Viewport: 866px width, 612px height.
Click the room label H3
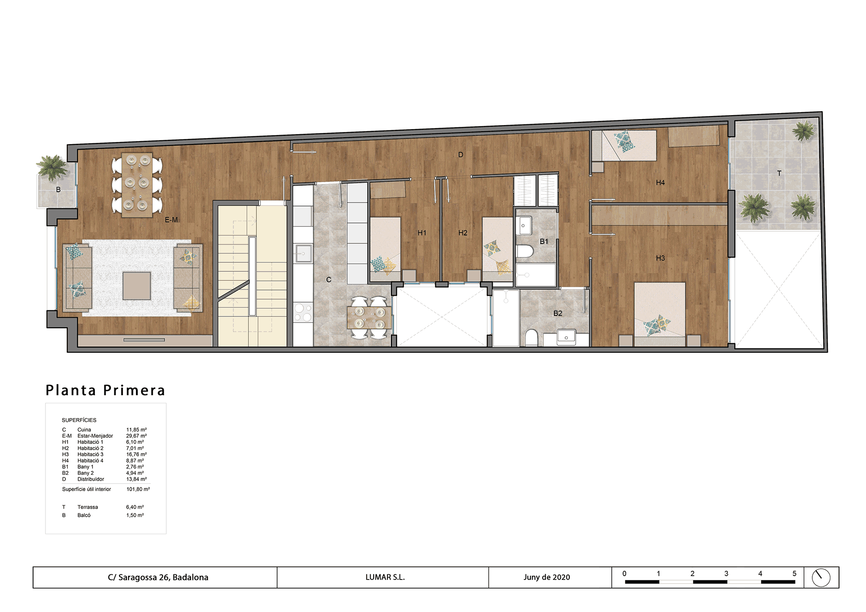tap(660, 258)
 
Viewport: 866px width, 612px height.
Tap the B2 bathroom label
tap(558, 313)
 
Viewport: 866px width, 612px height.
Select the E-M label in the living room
tap(171, 220)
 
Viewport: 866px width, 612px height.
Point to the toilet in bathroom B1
tap(524, 251)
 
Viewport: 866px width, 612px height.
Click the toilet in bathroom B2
tap(531, 338)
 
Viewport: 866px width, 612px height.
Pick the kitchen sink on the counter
tap(304, 254)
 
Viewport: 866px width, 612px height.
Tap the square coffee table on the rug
tap(137, 286)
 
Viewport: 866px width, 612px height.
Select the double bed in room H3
tap(660, 314)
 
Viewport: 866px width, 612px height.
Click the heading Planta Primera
tap(105, 390)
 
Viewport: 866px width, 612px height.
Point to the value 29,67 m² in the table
tap(136, 436)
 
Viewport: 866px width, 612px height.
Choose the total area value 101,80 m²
tap(138, 489)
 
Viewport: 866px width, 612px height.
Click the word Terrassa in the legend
tap(87, 507)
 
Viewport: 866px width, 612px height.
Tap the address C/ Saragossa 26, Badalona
tap(158, 577)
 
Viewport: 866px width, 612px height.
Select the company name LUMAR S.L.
tap(385, 577)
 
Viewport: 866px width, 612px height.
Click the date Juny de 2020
tap(546, 577)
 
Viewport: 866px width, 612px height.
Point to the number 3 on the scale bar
tap(726, 573)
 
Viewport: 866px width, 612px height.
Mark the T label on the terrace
tap(779, 173)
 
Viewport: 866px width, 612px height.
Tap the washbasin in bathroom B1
tap(523, 225)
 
